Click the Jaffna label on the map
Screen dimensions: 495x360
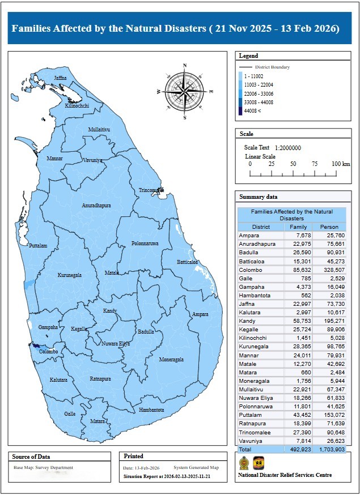point(60,78)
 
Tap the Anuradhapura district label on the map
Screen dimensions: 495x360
point(96,205)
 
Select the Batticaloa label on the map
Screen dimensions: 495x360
point(187,262)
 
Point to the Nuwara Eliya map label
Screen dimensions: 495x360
point(116,344)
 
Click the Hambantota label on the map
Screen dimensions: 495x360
point(151,409)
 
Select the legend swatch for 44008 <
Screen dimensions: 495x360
point(241,111)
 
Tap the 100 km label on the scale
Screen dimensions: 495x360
point(341,164)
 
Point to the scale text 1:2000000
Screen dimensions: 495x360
point(288,148)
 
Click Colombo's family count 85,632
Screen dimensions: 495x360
point(298,270)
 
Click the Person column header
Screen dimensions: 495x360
point(329,227)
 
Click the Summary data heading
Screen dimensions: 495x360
point(259,197)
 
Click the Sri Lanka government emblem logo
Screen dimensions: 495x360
point(243,462)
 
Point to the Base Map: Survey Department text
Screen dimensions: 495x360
point(43,468)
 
